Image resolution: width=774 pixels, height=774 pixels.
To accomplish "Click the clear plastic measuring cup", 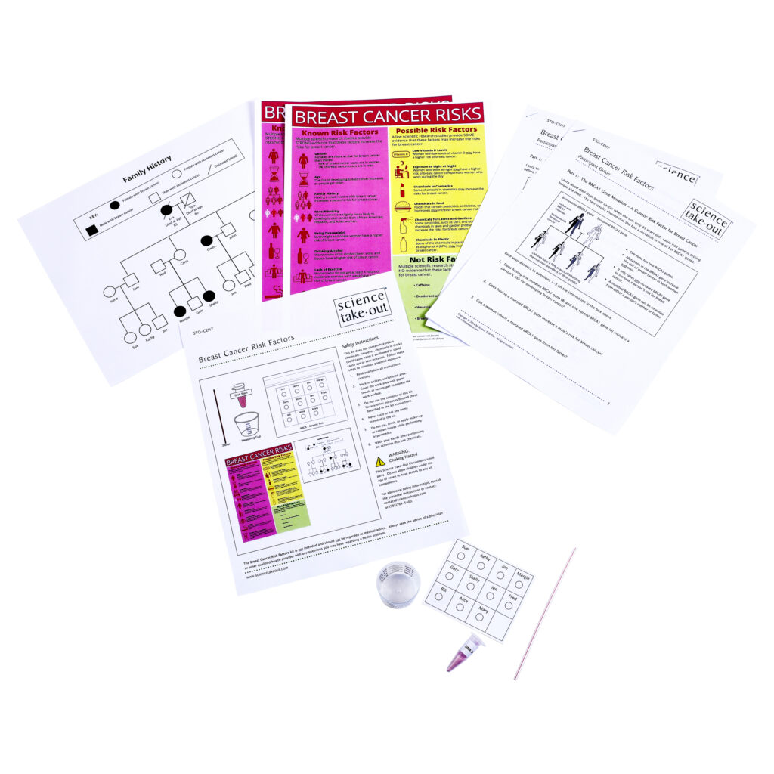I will point(398,584).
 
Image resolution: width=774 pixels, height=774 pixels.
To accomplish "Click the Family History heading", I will point(148,169).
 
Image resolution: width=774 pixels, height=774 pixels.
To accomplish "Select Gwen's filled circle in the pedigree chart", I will point(206,241).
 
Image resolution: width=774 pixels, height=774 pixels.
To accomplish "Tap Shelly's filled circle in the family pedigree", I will point(209,296).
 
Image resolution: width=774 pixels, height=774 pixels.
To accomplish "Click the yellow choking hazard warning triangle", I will point(379,461).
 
